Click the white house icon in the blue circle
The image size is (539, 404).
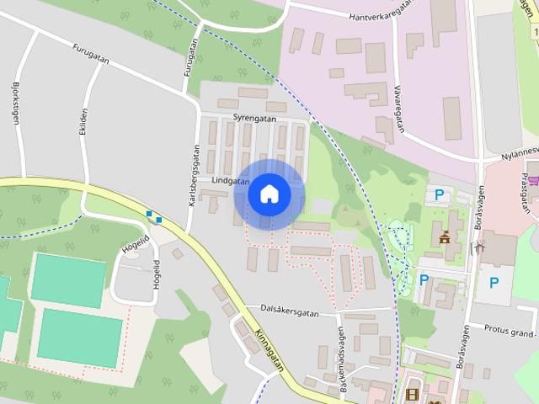click(x=269, y=194)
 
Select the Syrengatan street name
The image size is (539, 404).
click(x=255, y=120)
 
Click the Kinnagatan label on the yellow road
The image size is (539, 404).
click(x=268, y=346)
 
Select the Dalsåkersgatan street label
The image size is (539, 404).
click(x=290, y=312)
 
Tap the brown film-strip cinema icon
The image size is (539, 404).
click(x=412, y=394)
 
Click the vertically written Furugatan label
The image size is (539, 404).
click(x=188, y=62)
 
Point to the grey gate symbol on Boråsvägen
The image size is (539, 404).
click(x=480, y=225)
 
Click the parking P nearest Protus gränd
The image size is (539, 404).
click(x=494, y=284)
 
